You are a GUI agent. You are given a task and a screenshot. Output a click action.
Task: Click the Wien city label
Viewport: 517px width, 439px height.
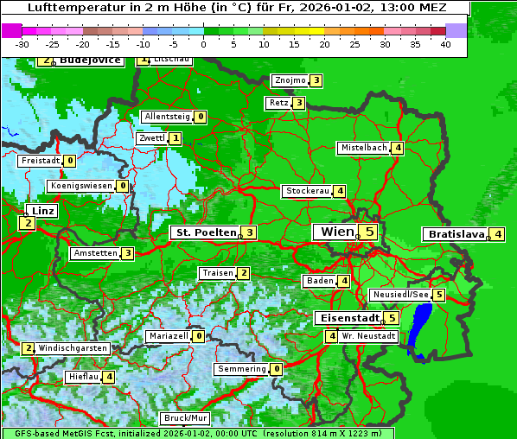pyautogui.click(x=337, y=232)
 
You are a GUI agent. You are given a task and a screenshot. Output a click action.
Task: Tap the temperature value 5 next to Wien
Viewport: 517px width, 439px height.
pyautogui.click(x=369, y=232)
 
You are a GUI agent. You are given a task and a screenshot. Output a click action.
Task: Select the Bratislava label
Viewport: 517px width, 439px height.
pyautogui.click(x=453, y=234)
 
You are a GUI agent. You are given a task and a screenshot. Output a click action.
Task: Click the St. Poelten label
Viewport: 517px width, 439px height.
pyautogui.click(x=204, y=232)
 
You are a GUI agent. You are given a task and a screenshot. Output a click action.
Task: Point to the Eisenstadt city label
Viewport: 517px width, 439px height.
pyautogui.click(x=346, y=318)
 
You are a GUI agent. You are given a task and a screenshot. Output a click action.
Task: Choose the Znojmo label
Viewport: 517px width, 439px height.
pyautogui.click(x=290, y=80)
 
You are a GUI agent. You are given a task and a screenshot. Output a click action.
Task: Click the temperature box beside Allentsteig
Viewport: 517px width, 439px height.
pyautogui.click(x=201, y=117)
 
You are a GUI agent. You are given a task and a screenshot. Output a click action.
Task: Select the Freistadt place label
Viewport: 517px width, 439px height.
pyautogui.click(x=40, y=160)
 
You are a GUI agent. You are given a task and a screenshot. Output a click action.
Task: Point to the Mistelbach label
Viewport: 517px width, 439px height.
pyautogui.click(x=363, y=148)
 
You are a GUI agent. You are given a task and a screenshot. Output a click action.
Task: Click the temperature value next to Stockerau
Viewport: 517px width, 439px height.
pyautogui.click(x=341, y=191)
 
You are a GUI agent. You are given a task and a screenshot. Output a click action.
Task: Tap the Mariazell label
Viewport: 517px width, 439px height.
pyautogui.click(x=168, y=336)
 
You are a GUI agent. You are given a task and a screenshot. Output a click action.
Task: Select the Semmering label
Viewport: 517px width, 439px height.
pyautogui.click(x=242, y=369)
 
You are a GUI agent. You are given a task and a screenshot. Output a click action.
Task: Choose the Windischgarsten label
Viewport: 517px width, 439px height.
pyautogui.click(x=73, y=348)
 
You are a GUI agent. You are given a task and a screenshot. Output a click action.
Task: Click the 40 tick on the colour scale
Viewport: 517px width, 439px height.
pyautogui.click(x=445, y=43)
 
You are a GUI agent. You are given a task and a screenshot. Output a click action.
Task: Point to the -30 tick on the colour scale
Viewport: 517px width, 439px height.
pyautogui.click(x=22, y=43)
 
